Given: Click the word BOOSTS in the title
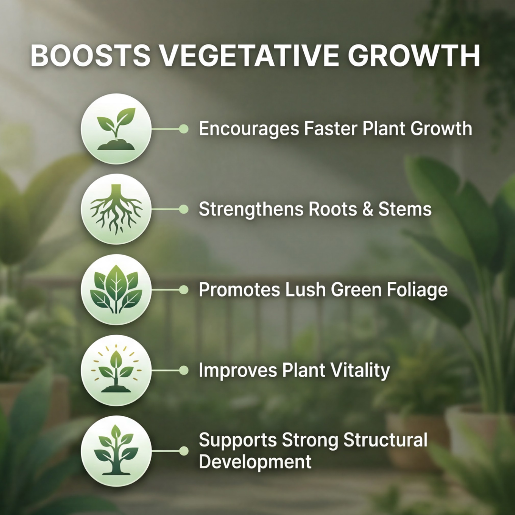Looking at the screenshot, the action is point(91,55).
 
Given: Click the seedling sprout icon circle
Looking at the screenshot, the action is point(116,129).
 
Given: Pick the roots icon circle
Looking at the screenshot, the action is point(116,209).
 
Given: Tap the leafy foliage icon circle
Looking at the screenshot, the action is point(116,290).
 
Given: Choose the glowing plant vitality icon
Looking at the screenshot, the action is point(116,370).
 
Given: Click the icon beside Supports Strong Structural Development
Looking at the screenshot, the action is point(116,451).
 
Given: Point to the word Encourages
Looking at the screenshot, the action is point(249,129).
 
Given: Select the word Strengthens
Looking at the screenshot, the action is point(251,210).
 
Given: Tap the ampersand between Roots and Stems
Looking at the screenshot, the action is point(368,209).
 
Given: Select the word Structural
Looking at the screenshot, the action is point(385,440).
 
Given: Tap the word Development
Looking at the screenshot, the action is point(255,462).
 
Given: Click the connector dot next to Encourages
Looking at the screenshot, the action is point(184,129).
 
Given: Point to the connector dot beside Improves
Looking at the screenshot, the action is point(184,371).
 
